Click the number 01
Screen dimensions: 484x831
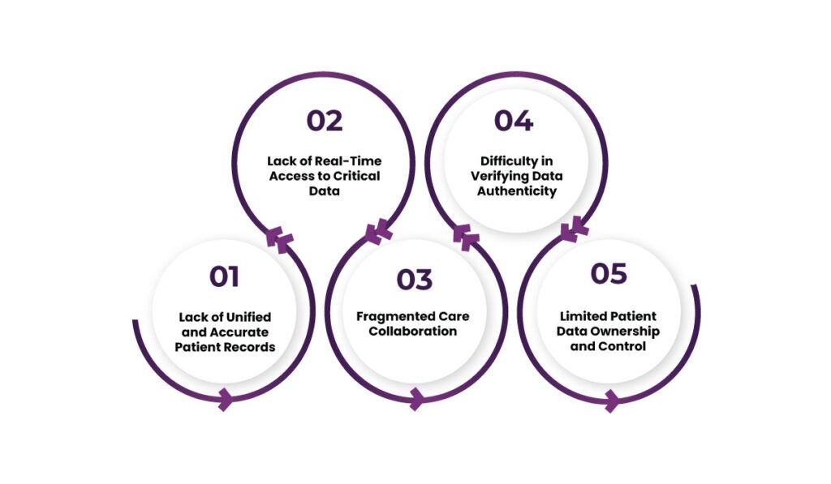pos(224,276)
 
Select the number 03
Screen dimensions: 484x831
pos(415,280)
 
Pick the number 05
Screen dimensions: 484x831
pos(609,273)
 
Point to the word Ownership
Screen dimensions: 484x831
pos(628,331)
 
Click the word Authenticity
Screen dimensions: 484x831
pos(515,191)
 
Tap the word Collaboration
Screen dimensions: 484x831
pos(414,331)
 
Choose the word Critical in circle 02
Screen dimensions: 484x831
pos(358,175)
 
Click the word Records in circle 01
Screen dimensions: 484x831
pos(252,347)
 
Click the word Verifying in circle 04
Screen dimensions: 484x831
pos(498,175)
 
